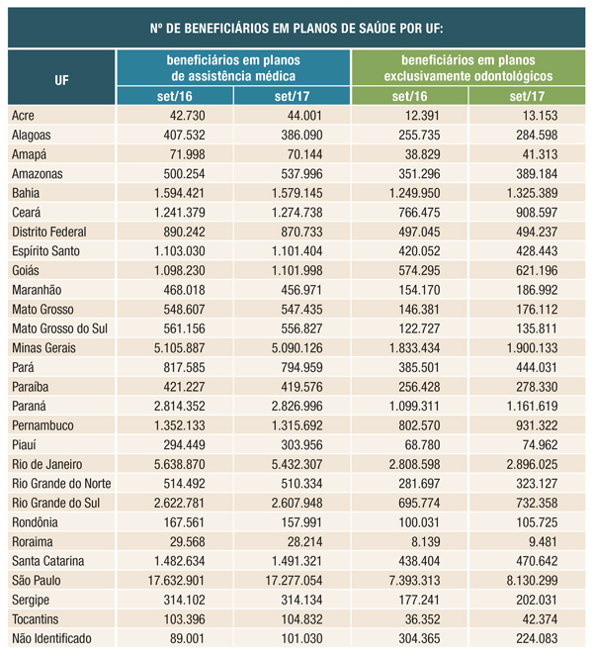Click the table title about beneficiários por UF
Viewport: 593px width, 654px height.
click(296, 28)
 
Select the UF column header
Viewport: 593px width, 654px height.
click(62, 77)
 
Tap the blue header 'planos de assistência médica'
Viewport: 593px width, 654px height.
click(234, 67)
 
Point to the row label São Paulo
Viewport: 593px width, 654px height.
click(39, 580)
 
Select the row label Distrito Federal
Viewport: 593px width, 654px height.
click(49, 231)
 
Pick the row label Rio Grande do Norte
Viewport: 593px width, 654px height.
click(60, 483)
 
